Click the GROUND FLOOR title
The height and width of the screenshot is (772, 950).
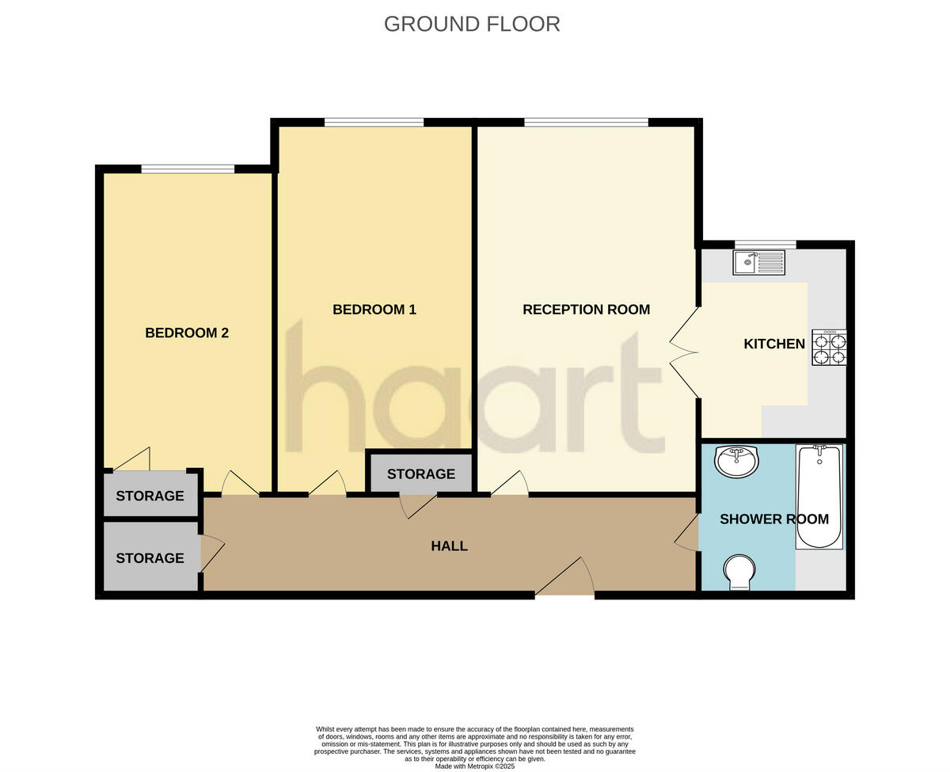472,24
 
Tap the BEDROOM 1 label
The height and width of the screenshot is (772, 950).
374,310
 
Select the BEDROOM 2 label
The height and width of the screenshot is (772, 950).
187,333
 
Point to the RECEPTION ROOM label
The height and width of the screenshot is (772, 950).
586,310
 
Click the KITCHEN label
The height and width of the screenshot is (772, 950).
773,344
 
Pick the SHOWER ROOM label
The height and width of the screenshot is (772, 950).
773,519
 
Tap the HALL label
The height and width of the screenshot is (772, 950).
449,546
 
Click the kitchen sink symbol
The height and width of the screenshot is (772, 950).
758,262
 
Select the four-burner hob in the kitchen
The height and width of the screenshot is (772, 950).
829,348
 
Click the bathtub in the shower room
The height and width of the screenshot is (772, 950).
819,497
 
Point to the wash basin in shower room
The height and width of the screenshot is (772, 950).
736,461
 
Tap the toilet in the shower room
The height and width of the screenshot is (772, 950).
739,572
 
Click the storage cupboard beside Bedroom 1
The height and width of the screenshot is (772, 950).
420,473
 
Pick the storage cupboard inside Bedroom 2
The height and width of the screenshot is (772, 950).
150,496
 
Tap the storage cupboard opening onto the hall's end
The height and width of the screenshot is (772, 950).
150,557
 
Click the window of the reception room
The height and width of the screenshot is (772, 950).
586,122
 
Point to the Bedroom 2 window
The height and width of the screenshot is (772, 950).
188,169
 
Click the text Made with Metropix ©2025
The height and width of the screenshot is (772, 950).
475,766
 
